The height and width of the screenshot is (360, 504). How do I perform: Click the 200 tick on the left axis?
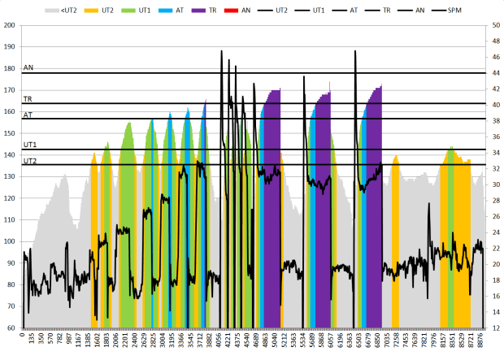click(x=10, y=25)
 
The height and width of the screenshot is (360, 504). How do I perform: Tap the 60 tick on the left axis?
click(x=11, y=327)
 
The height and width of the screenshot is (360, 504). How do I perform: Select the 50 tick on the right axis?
click(x=494, y=25)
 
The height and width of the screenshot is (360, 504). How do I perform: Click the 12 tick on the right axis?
click(x=494, y=327)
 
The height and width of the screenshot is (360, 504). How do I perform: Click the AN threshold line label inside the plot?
click(x=28, y=68)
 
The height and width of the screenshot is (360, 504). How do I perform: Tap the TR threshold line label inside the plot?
click(x=28, y=98)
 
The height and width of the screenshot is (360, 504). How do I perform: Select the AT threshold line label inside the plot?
click(x=28, y=115)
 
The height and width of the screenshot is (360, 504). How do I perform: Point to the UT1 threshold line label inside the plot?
click(x=30, y=145)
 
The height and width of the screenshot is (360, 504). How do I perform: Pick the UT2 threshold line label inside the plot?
click(x=30, y=161)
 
